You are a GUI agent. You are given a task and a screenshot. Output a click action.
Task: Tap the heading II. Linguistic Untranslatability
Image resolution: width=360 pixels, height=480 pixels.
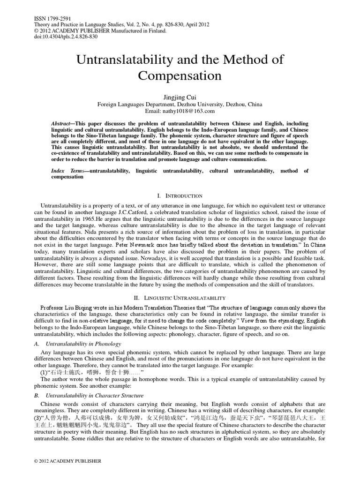(x=180, y=298)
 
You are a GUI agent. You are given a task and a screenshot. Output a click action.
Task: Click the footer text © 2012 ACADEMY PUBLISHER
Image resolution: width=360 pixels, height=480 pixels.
(x=67, y=461)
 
